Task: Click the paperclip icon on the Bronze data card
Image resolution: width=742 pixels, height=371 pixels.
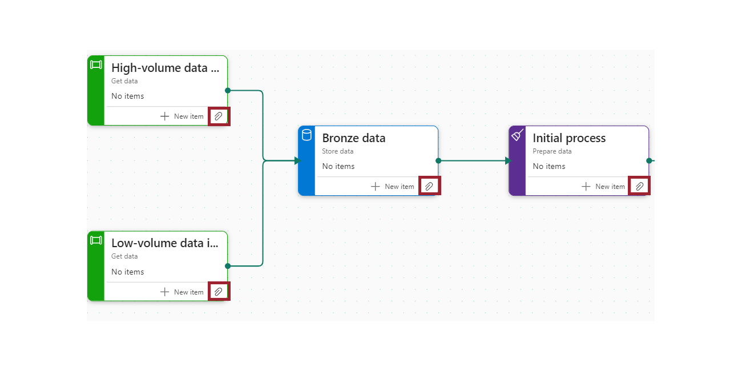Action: click(x=429, y=186)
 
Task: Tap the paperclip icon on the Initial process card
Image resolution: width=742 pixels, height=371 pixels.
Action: click(x=639, y=186)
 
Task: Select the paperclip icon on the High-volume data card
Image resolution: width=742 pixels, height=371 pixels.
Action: click(x=219, y=116)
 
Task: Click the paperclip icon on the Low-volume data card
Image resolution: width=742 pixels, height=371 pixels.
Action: click(x=219, y=292)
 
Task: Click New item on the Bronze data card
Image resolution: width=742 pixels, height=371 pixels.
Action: click(x=393, y=187)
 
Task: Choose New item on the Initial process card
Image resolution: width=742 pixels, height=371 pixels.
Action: click(x=603, y=187)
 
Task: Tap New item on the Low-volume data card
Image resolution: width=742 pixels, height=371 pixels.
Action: click(x=182, y=292)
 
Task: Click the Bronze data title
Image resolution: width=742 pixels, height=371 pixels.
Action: click(x=353, y=138)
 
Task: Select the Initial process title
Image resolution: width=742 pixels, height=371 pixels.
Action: click(x=568, y=138)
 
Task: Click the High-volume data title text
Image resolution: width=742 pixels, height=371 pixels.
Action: click(x=165, y=68)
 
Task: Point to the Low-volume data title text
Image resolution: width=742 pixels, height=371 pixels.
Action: click(x=165, y=243)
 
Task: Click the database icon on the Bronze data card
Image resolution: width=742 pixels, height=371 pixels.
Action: click(x=307, y=135)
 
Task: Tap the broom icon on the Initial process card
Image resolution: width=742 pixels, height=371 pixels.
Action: click(x=517, y=135)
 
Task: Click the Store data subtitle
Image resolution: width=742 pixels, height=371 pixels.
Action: click(x=337, y=151)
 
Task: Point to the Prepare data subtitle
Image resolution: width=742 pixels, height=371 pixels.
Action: click(x=551, y=151)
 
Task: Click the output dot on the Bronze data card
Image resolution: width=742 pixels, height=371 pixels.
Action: click(x=438, y=161)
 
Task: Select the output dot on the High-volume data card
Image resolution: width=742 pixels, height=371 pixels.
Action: click(x=228, y=90)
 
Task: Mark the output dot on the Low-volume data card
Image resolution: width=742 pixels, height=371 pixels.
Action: click(x=228, y=266)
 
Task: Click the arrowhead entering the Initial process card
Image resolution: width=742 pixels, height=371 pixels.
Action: click(x=508, y=161)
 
